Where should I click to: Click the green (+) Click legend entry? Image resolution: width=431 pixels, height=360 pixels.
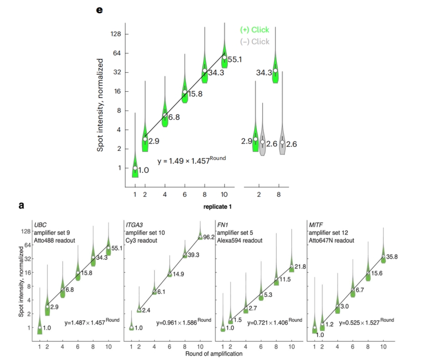(x=254, y=30)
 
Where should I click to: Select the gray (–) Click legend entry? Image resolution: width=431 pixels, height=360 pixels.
(x=254, y=41)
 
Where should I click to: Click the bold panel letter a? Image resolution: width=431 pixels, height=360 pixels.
(x=21, y=205)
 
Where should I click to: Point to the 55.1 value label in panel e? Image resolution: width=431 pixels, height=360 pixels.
(x=235, y=60)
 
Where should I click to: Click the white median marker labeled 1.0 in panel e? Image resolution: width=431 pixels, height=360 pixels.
(x=135, y=168)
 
